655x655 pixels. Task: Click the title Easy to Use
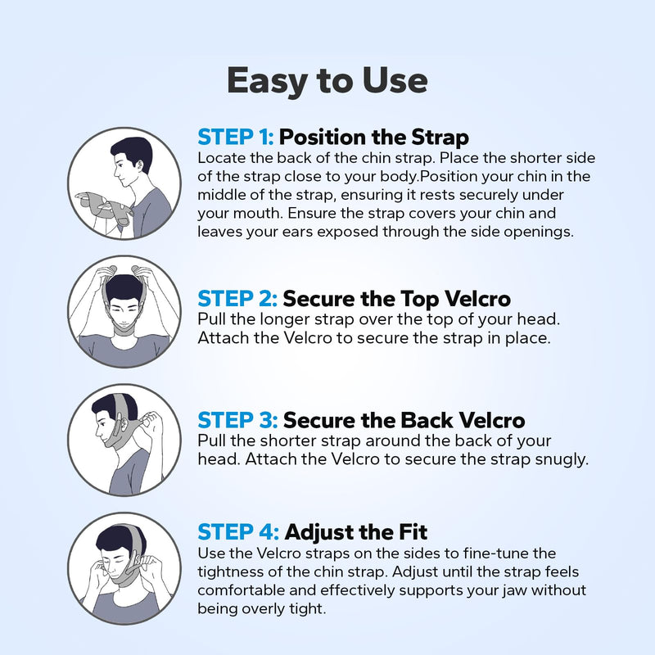(327, 80)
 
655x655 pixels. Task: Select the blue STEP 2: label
(238, 297)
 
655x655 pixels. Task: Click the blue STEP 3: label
(238, 421)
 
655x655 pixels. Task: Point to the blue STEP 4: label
(238, 533)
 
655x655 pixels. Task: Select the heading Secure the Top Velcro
(401, 297)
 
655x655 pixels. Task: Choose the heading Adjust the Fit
(357, 533)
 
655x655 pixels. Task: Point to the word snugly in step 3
(563, 459)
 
